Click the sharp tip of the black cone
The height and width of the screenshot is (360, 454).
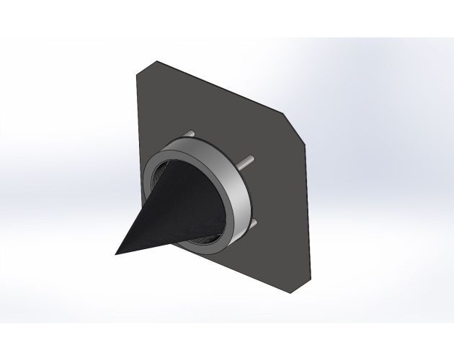(116, 253)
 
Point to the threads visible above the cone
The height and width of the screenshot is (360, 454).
(155, 173)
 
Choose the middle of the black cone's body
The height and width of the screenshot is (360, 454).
(173, 209)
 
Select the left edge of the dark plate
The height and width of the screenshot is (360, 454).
(137, 144)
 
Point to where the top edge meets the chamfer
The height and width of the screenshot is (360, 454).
(282, 114)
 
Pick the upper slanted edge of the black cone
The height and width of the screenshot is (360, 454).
(141, 209)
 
